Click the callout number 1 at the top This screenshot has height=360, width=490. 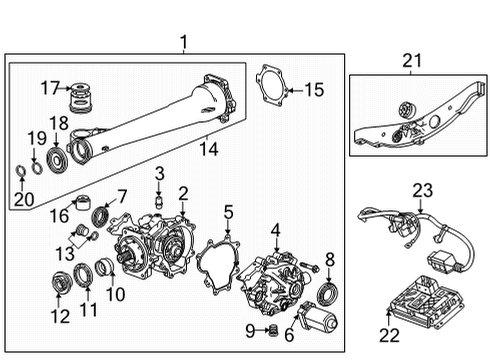click(183, 41)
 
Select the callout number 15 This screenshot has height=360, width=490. click(314, 91)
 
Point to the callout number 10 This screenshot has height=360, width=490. click(115, 294)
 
